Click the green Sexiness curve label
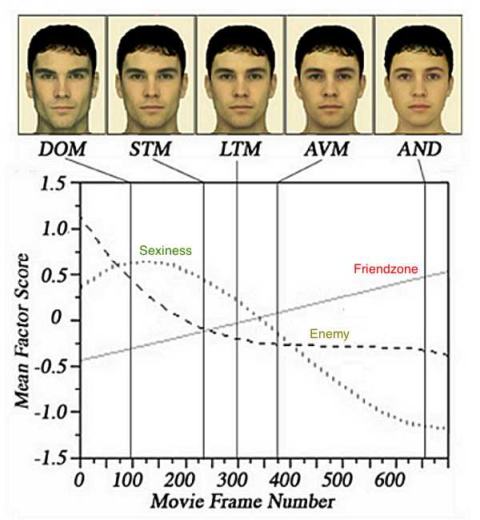click(166, 251)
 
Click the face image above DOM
click(61, 68)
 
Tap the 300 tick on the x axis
click(238, 479)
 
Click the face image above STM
click(150, 68)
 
